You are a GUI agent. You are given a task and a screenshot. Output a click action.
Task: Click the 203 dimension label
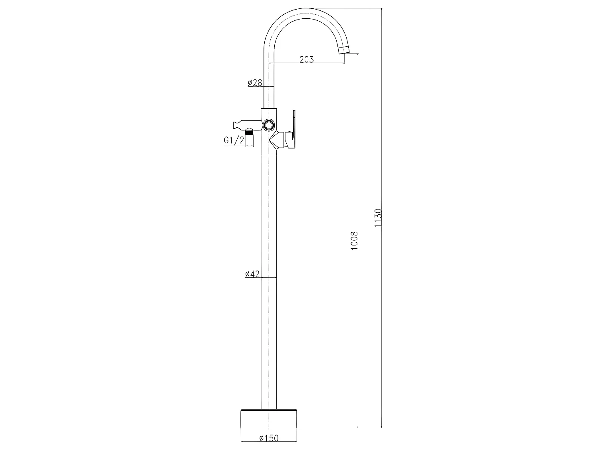tap(306, 59)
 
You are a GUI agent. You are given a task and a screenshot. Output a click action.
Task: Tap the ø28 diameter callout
tap(255, 83)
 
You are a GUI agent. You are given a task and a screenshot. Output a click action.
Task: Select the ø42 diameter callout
tap(252, 274)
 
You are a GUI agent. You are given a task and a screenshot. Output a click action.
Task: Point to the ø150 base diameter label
tap(268, 438)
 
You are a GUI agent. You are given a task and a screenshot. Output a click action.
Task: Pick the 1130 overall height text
tap(378, 218)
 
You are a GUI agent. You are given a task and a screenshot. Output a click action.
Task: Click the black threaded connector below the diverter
tap(250, 131)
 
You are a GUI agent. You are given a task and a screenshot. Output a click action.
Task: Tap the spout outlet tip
tap(344, 50)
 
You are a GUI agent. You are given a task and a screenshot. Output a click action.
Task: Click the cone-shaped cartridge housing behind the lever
tap(276, 140)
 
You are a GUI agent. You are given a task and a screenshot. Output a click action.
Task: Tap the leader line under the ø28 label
tap(262, 87)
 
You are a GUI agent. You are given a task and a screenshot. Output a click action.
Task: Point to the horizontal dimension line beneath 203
tap(306, 64)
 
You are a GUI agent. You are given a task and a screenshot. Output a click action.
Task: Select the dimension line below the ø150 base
tap(269, 442)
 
